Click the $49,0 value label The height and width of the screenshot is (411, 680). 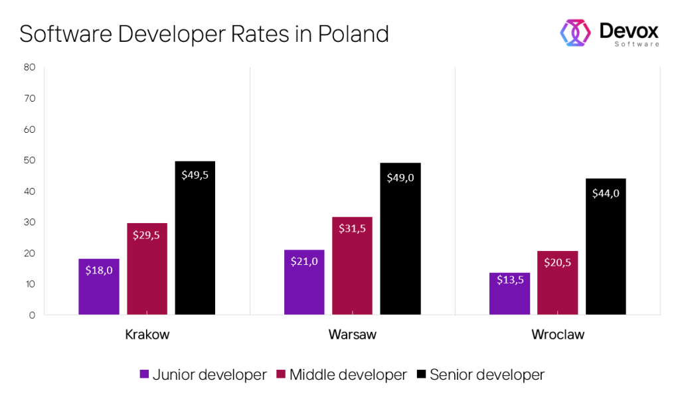[400, 177]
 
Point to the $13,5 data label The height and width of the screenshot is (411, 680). [509, 279]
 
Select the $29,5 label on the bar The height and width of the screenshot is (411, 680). [147, 234]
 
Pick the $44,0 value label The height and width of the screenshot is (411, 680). [606, 193]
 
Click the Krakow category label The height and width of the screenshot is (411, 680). [147, 335]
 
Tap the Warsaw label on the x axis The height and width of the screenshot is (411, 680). [352, 335]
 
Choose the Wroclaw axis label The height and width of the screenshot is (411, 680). [558, 335]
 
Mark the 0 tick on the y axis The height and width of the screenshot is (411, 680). [31, 315]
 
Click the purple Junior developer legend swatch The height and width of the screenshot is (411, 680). [144, 374]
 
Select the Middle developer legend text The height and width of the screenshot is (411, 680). [348, 374]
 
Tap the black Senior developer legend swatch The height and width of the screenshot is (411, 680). [421, 374]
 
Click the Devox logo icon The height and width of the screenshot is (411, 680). [576, 33]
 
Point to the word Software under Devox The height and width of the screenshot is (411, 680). [636, 44]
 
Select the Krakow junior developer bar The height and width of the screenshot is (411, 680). [99, 286]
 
